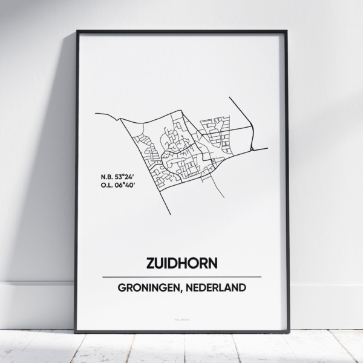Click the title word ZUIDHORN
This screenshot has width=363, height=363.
(181, 264)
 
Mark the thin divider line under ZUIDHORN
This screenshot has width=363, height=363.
(181, 276)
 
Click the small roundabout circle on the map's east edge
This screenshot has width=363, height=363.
(251, 147)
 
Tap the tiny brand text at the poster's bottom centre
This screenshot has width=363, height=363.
(181, 316)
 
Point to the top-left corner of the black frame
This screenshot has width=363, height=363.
(77, 31)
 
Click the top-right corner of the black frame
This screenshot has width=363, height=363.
(287, 31)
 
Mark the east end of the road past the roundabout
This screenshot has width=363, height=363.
(267, 148)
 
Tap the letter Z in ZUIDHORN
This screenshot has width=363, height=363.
(149, 264)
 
